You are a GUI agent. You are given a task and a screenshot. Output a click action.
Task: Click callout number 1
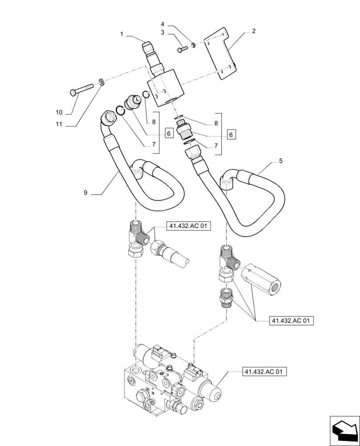click(121, 34)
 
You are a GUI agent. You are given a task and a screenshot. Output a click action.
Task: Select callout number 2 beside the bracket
click(254, 31)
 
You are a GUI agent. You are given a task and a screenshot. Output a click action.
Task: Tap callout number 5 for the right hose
click(280, 161)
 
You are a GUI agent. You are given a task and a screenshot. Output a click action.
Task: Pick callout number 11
click(59, 125)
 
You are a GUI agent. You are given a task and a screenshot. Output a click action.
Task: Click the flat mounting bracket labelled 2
click(222, 54)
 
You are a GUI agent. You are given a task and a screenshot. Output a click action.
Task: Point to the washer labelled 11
click(102, 82)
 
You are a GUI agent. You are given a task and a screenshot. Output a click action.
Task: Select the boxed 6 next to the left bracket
click(168, 132)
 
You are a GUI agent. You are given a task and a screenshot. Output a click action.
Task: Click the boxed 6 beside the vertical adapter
click(230, 134)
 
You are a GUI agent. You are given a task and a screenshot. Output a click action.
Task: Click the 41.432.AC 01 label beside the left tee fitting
click(188, 227)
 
